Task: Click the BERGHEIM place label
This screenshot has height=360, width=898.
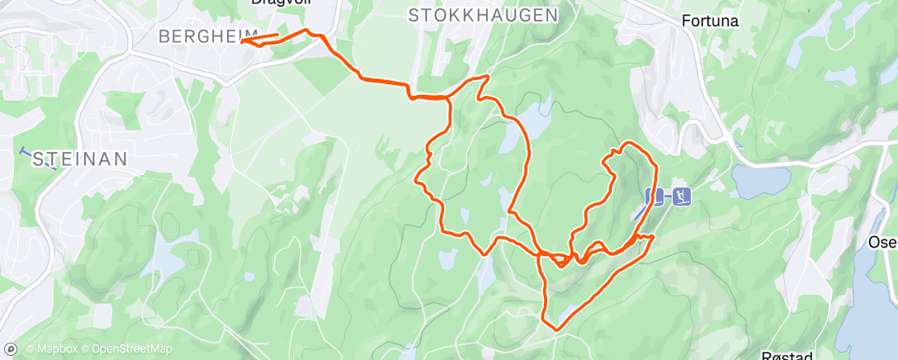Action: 196,36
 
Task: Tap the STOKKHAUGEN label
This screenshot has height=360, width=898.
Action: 483,15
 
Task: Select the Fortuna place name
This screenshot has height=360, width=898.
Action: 710,20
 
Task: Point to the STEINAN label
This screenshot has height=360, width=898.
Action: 79,159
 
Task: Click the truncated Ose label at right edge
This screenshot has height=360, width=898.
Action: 882,242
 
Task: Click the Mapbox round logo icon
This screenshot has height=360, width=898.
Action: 12,349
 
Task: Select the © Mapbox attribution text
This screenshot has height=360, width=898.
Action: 53,349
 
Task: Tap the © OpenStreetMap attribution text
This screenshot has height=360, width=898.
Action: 126,349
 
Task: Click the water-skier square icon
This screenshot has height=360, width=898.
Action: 682,197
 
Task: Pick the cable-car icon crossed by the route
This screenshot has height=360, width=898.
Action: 654,197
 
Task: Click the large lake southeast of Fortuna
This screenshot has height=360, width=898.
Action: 759,181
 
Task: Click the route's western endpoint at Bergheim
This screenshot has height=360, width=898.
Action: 242,40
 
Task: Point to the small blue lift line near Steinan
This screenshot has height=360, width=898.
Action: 37,158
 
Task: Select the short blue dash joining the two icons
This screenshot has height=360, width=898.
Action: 668,197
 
